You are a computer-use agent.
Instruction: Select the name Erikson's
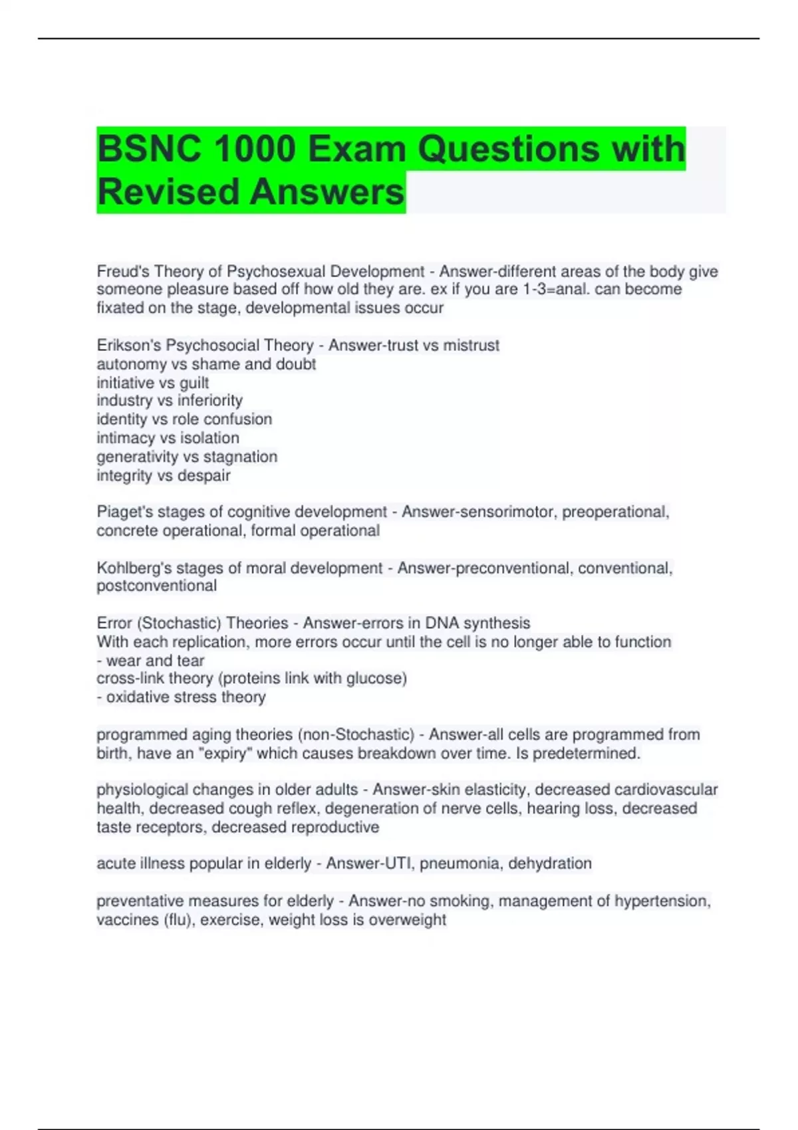[128, 346]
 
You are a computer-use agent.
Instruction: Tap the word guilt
[194, 383]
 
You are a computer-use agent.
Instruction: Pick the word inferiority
[209, 401]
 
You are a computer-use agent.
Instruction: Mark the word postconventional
[156, 586]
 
